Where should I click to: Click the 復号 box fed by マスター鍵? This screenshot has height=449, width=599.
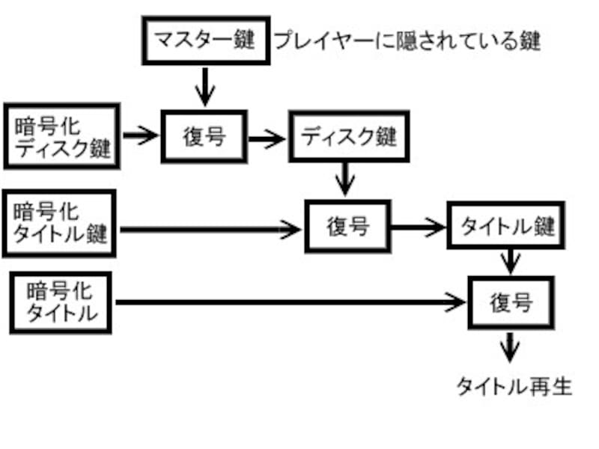[x=204, y=136]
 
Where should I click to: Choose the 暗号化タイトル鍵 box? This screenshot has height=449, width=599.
[x=60, y=224]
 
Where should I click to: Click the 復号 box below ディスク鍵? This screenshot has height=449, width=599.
[x=347, y=225]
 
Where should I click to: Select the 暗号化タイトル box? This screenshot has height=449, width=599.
[x=61, y=302]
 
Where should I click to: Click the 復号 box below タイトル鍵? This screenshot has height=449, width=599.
[x=511, y=302]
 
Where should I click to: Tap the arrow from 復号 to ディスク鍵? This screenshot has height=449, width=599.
[x=267, y=137]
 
